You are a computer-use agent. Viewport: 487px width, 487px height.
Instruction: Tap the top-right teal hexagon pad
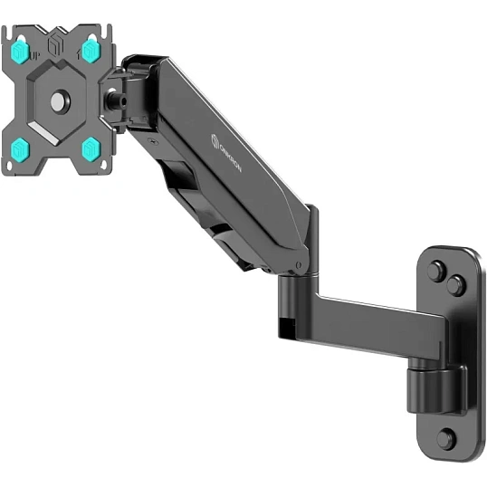coord(91,51)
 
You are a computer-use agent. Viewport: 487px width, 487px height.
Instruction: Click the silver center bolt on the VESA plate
coord(59,102)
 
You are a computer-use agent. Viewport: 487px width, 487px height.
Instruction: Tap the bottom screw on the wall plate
coord(445,438)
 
